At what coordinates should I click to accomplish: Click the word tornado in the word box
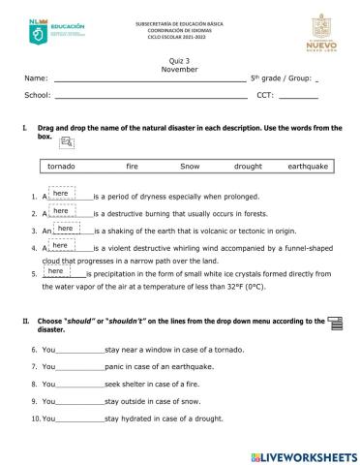pyautogui.click(x=62, y=167)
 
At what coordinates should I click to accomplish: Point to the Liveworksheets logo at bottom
pyautogui.click(x=303, y=455)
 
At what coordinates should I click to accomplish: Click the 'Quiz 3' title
pyautogui.click(x=180, y=60)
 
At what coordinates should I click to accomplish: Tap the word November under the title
pyautogui.click(x=180, y=69)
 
